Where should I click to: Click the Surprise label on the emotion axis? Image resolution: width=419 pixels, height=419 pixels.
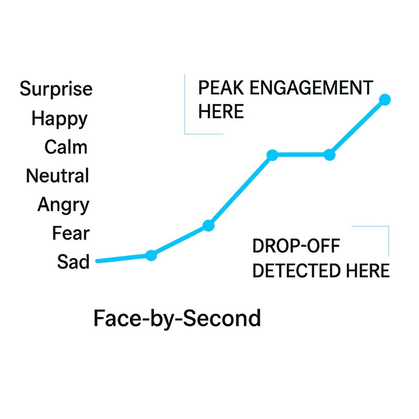pyautogui.click(x=56, y=89)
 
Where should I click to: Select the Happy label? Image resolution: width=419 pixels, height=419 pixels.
pyautogui.click(x=60, y=119)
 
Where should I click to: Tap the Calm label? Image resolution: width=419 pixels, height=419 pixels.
pyautogui.click(x=66, y=147)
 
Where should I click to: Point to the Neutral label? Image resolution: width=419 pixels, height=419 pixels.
pyautogui.click(x=57, y=176)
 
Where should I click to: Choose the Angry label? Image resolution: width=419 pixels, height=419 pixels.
pyautogui.click(x=63, y=205)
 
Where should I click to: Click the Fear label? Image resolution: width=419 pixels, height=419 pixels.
pyautogui.click(x=71, y=234)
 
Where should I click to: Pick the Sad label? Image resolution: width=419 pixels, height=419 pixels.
pyautogui.click(x=73, y=262)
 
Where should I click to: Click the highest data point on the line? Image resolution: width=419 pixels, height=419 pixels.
pyautogui.click(x=385, y=99)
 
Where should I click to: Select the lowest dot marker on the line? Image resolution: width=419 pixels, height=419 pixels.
pyautogui.click(x=151, y=255)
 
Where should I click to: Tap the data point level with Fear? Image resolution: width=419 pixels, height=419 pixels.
pyautogui.click(x=208, y=225)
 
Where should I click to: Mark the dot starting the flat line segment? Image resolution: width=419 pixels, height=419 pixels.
pyautogui.click(x=273, y=155)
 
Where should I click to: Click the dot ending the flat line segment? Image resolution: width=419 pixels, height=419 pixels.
pyautogui.click(x=329, y=155)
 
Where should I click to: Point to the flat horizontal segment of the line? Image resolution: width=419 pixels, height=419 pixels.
pyautogui.click(x=301, y=155)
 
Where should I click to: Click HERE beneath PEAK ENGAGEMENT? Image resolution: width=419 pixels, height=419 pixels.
pyautogui.click(x=221, y=111)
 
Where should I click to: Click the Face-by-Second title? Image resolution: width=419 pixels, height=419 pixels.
pyautogui.click(x=177, y=318)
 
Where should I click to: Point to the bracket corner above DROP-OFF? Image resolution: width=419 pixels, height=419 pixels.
pyautogui.click(x=388, y=226)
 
